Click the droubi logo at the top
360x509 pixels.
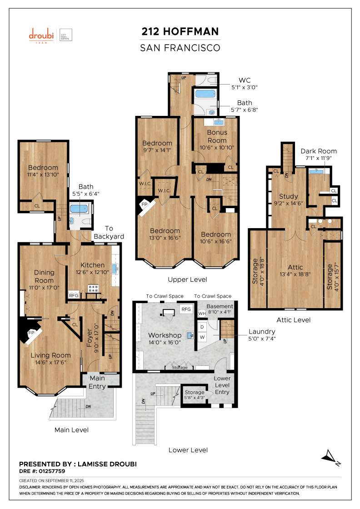tap(41, 35)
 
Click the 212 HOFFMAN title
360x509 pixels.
tap(180, 31)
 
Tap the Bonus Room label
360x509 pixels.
tap(217, 136)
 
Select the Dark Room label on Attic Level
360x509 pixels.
tap(319, 151)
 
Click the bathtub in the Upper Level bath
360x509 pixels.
tap(205, 94)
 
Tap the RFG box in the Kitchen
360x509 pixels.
tap(74, 295)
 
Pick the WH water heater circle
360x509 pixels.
tap(202, 314)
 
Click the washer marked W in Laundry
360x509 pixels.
tap(202, 337)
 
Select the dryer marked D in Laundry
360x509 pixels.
tap(202, 327)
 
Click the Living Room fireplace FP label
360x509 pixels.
tap(31, 333)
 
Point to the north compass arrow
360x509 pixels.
tap(330, 457)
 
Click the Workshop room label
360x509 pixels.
tap(165, 335)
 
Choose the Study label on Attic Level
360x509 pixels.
tap(288, 196)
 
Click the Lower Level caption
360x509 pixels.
tap(188, 450)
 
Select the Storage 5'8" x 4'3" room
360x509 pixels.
tap(194, 395)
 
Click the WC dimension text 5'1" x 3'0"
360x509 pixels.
tap(245, 87)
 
